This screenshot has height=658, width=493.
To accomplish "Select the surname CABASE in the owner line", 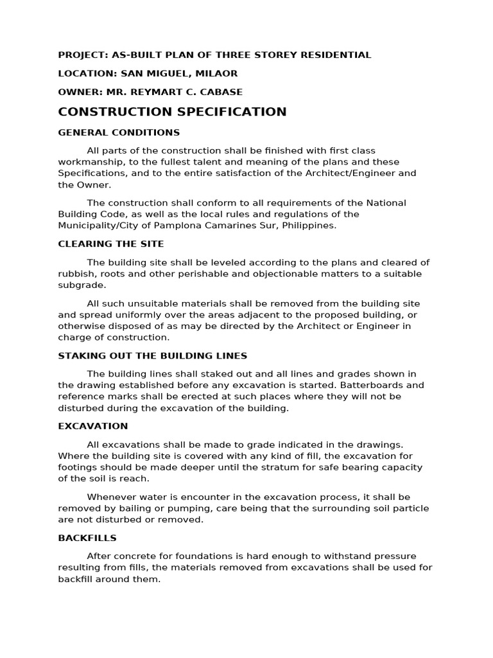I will [x=221, y=92].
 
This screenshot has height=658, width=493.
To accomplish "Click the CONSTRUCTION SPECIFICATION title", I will [x=172, y=112].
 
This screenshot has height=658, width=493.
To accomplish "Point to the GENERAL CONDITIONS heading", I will [x=119, y=132].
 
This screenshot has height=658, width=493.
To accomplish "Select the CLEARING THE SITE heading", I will [x=111, y=244].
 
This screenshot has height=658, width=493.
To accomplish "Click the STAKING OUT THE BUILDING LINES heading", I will [x=153, y=356].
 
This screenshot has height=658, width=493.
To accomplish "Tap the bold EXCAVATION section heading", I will [x=93, y=426].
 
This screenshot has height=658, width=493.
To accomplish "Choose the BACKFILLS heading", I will [x=87, y=538].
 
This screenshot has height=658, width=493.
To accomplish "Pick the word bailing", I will [x=135, y=508].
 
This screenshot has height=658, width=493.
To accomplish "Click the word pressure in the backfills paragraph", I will [x=394, y=556].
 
